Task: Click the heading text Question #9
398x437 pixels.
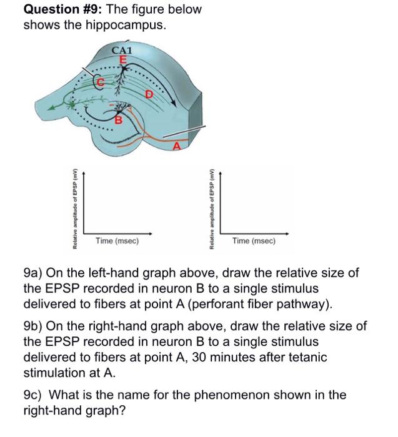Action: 62,10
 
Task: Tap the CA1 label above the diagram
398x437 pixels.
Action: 122,50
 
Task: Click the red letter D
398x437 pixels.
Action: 149,95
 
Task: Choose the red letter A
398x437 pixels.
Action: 176,145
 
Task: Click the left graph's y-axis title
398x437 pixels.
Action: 76,209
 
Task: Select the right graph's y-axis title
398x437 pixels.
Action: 212,209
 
